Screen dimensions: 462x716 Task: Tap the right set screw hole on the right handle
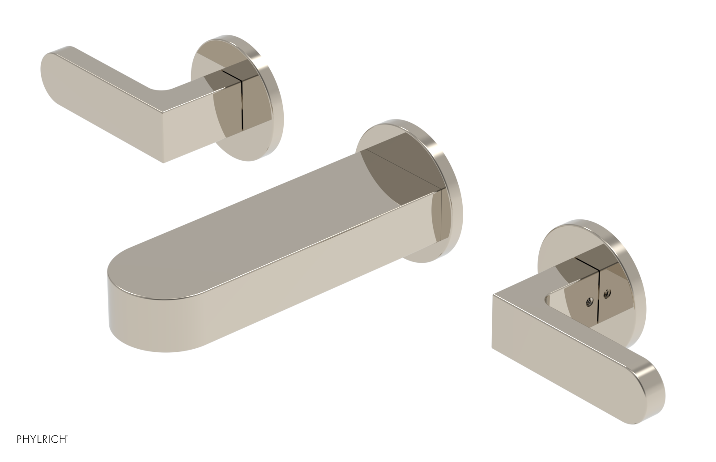pos(607,294)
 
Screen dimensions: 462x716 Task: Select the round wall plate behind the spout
pos(441,148)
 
